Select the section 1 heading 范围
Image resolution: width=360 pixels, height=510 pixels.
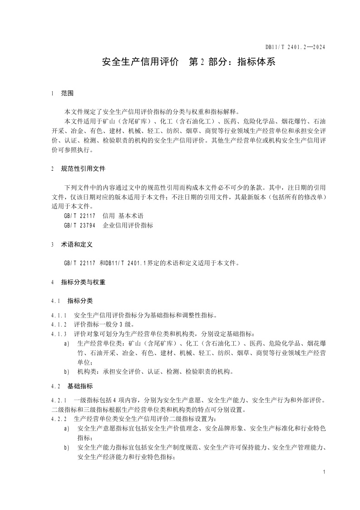point(67,94)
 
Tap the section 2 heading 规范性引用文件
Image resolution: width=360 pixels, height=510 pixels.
point(83,168)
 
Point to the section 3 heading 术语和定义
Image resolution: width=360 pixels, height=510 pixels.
point(77,244)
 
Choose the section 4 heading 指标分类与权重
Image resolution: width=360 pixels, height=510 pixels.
point(83,282)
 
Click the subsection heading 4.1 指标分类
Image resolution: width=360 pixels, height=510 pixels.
point(80,301)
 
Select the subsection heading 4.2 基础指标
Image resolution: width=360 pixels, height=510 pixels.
point(80,386)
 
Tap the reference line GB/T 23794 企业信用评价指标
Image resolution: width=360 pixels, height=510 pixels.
point(108,225)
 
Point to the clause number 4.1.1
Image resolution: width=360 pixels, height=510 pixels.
point(59,315)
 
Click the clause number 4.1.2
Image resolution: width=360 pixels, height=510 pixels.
point(59,325)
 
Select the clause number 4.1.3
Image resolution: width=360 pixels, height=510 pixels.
point(59,334)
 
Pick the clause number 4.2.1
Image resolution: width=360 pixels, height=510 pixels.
point(59,400)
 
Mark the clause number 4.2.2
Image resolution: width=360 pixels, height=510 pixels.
point(59,419)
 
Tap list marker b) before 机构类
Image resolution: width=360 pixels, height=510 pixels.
point(67,371)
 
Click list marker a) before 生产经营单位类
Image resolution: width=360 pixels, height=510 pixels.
point(67,343)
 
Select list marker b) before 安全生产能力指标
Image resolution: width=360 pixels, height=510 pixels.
point(67,448)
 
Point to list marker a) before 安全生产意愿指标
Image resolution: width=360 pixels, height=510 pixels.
point(67,429)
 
